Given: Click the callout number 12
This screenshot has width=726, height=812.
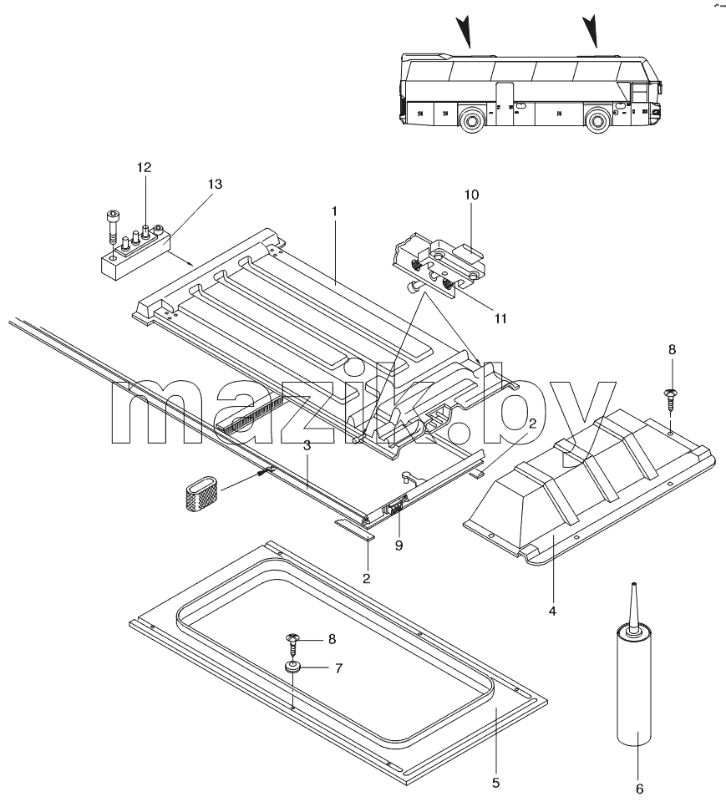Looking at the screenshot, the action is tap(144, 167).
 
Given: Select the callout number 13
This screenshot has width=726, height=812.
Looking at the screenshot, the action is tap(215, 184).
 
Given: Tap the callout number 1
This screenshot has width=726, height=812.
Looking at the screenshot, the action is tap(334, 211).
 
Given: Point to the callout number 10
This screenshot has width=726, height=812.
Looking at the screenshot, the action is tap(471, 195).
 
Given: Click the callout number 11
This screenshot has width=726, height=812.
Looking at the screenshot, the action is tap(500, 318).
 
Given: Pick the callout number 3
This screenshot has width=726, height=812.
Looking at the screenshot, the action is tap(307, 445).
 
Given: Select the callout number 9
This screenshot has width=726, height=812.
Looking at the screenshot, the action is tap(399, 546).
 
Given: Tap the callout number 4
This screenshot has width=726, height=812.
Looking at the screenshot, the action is tap(552, 611).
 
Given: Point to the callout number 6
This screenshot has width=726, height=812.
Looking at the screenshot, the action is tap(639, 789).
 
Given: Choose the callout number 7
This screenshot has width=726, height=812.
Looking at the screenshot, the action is tap(338, 668).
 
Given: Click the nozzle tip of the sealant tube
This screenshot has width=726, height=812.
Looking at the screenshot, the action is tap(632, 585).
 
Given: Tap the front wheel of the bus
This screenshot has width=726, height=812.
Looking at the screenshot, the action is tap(598, 120).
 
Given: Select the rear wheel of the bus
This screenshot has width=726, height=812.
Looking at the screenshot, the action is tap(472, 120).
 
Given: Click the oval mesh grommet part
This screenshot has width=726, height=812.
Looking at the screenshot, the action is tap(201, 493).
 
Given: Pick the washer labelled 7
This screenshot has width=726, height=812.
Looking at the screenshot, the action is tap(293, 667).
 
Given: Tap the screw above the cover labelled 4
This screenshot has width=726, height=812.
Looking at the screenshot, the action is tap(671, 400).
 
